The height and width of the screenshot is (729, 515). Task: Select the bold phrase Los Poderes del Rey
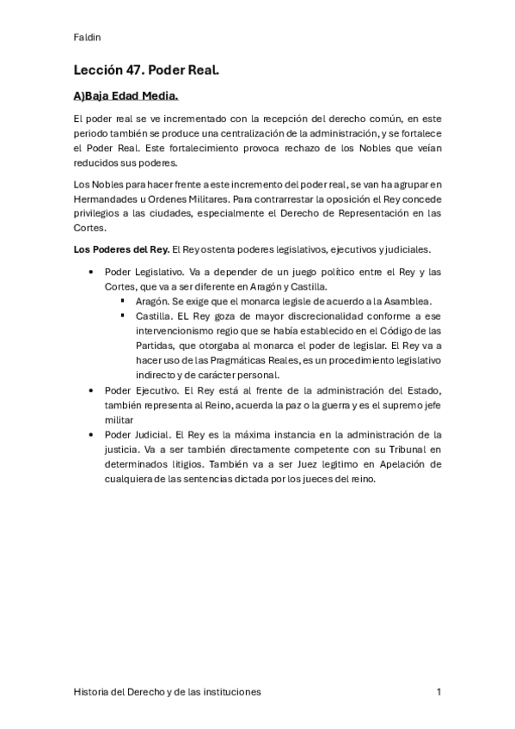point(121,250)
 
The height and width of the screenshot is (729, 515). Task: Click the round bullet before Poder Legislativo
point(92,272)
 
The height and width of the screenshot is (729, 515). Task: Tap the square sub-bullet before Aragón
point(125,301)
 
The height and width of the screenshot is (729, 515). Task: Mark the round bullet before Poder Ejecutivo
point(92,389)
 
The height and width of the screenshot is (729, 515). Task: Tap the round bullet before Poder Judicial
point(92,434)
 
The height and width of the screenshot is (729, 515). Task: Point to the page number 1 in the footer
point(438,691)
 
